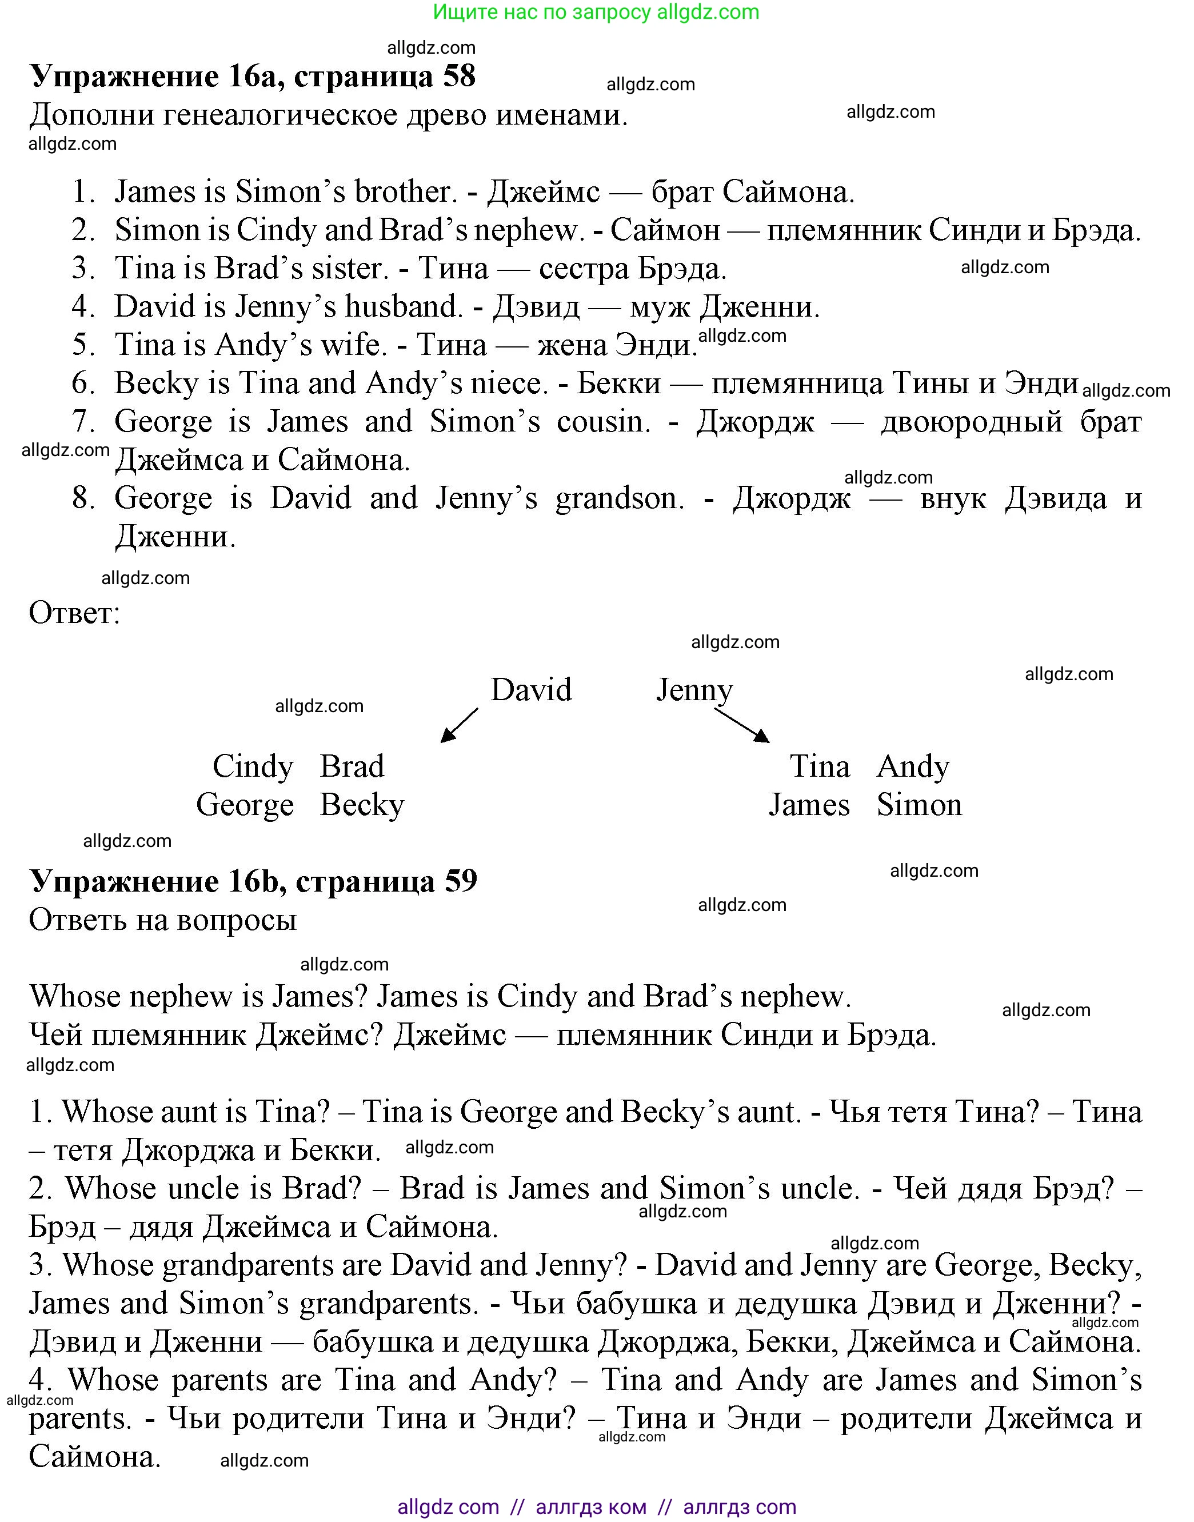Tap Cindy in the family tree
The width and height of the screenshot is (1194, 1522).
[253, 766]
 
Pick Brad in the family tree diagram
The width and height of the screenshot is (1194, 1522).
[352, 766]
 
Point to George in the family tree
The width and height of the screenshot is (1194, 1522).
[245, 805]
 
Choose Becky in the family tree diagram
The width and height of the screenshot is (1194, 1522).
[361, 805]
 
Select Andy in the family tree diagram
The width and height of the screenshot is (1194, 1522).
[913, 766]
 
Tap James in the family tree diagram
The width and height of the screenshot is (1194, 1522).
[809, 805]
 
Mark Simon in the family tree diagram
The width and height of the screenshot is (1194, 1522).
[919, 805]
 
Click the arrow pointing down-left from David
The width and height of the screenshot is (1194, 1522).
[460, 725]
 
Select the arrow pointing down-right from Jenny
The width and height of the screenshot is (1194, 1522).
[742, 726]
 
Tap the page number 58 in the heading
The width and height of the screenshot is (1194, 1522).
[458, 75]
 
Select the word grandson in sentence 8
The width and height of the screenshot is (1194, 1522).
[620, 498]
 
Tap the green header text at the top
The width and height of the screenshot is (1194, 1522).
[596, 12]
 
